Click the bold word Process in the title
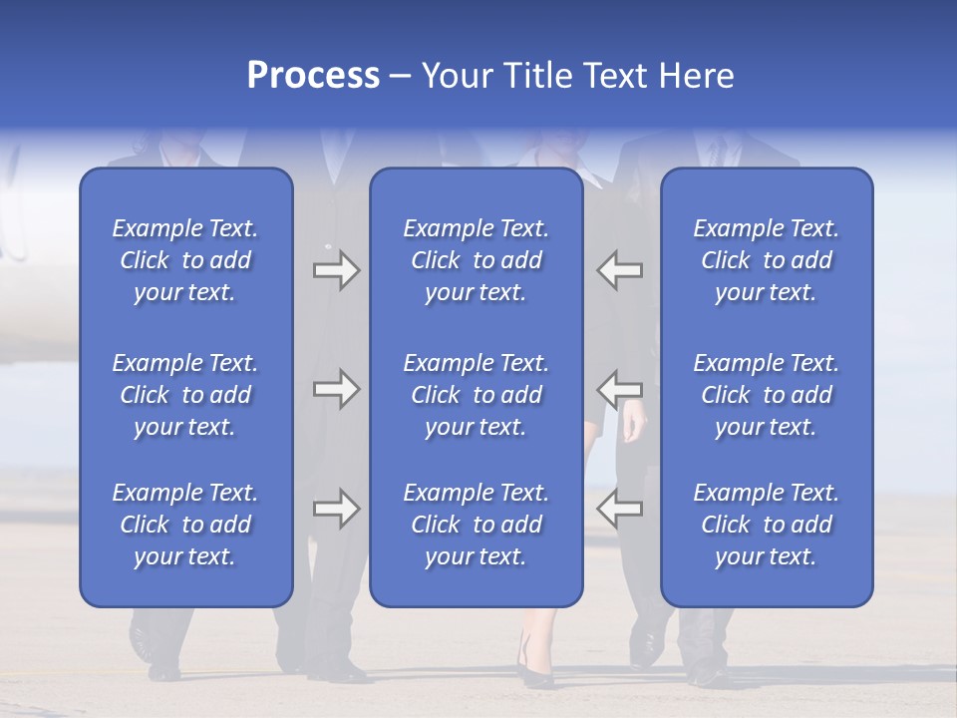click(313, 76)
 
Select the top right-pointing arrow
click(336, 270)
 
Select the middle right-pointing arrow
click(336, 388)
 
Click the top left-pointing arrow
click(619, 270)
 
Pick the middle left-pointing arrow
click(619, 388)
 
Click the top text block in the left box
click(185, 260)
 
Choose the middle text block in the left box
click(185, 395)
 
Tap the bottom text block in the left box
click(185, 525)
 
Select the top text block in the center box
click(477, 260)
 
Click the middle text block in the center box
click(477, 395)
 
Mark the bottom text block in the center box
click(477, 525)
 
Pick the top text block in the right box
click(767, 260)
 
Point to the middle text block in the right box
click(767, 395)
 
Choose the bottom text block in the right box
click(767, 525)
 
